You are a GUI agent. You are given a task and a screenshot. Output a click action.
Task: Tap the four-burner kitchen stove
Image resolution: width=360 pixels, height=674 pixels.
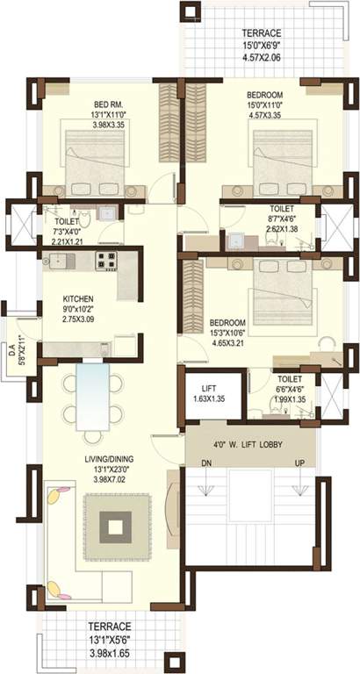coord(106,260)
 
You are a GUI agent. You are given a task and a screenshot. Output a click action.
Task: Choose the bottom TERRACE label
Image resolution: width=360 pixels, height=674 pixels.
coord(110,627)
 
